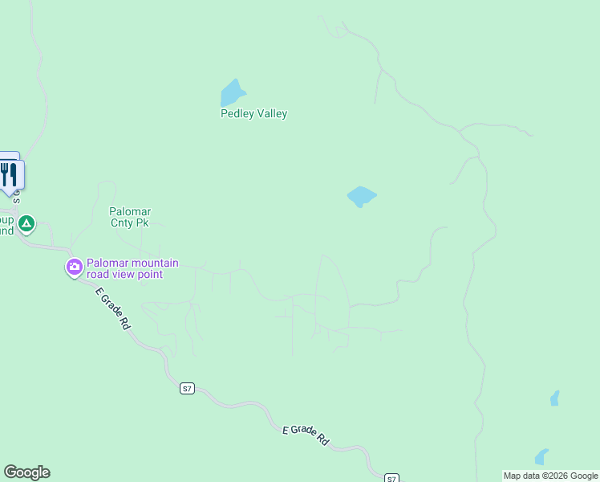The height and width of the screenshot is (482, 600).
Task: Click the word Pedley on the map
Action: point(237,114)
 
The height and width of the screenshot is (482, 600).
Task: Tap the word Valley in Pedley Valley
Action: point(270,114)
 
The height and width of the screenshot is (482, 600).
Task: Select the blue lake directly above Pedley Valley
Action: point(233,92)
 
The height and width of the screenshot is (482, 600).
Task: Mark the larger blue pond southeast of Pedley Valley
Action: point(361,196)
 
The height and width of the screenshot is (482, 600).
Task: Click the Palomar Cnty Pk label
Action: point(130,217)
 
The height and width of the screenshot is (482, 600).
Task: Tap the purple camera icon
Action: point(75,267)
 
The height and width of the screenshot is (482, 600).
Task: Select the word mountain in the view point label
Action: point(152,263)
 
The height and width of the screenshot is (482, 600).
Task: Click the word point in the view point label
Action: point(150,275)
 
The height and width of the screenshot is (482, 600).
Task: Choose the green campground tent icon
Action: point(26,223)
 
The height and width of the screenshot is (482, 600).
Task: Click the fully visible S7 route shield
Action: point(187,389)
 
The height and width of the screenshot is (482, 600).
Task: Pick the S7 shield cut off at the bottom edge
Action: point(391,478)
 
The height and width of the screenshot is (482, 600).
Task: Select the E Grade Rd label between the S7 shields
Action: point(306,435)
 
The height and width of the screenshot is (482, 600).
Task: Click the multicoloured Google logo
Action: point(26,472)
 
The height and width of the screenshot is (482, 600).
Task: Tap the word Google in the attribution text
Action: point(585,476)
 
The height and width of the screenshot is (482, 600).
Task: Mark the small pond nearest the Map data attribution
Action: point(541,457)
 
